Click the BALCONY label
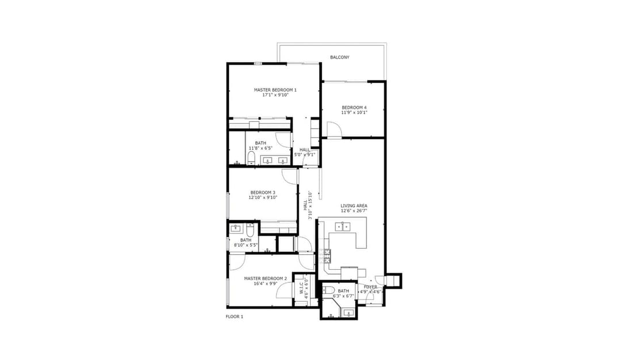pyautogui.click(x=340, y=58)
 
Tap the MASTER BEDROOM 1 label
pyautogui.click(x=275, y=90)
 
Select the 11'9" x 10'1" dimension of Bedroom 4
pyautogui.click(x=354, y=113)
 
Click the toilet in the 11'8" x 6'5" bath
pyautogui.click(x=251, y=159)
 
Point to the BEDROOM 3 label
pyautogui.click(x=263, y=193)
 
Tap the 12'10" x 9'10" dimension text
pyautogui.click(x=263, y=198)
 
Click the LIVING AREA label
pyautogui.click(x=354, y=206)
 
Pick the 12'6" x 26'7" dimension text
pyautogui.click(x=354, y=210)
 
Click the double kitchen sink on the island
pyautogui.click(x=343, y=227)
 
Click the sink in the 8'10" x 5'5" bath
pyautogui.click(x=235, y=228)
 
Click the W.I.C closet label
pyautogui.click(x=301, y=288)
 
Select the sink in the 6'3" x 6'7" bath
pyautogui.click(x=348, y=313)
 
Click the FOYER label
pyautogui.click(x=371, y=287)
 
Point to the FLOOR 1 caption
pyautogui.click(x=235, y=317)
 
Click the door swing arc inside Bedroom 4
pyautogui.click(x=336, y=127)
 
